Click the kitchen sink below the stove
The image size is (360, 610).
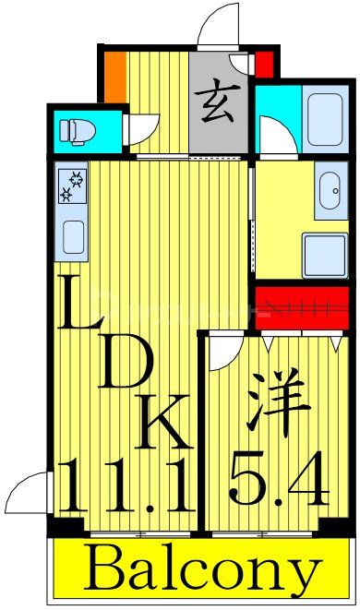point(73,238)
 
